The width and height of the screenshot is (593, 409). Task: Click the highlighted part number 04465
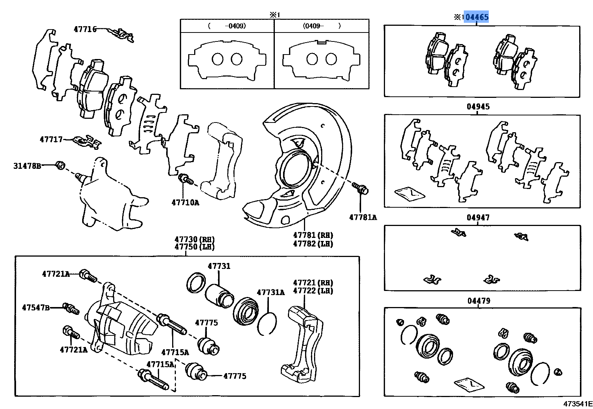pyautogui.click(x=477, y=17)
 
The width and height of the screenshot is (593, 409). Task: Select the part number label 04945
pyautogui.click(x=478, y=107)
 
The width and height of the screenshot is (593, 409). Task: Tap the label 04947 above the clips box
pyautogui.click(x=478, y=217)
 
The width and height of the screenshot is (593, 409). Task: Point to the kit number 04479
pyautogui.click(x=479, y=301)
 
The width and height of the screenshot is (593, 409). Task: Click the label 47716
pyautogui.click(x=85, y=29)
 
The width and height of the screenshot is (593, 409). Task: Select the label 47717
pyautogui.click(x=51, y=140)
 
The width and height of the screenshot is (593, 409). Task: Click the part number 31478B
pyautogui.click(x=27, y=166)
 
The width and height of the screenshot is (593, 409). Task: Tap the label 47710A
pyautogui.click(x=185, y=203)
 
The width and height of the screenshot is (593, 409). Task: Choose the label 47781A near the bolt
pyautogui.click(x=363, y=217)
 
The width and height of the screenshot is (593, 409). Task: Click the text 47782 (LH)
pyautogui.click(x=313, y=244)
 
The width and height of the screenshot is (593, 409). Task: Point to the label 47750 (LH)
pyautogui.click(x=195, y=247)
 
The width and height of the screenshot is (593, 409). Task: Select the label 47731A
pyautogui.click(x=271, y=292)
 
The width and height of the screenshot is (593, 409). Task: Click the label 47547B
pyautogui.click(x=36, y=308)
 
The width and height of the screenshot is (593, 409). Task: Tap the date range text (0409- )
pyautogui.click(x=321, y=26)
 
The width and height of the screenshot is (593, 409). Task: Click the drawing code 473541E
pyautogui.click(x=578, y=404)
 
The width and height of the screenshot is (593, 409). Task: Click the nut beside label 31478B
pyautogui.click(x=60, y=165)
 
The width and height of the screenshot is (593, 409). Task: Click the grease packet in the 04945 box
pyautogui.click(x=410, y=193)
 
